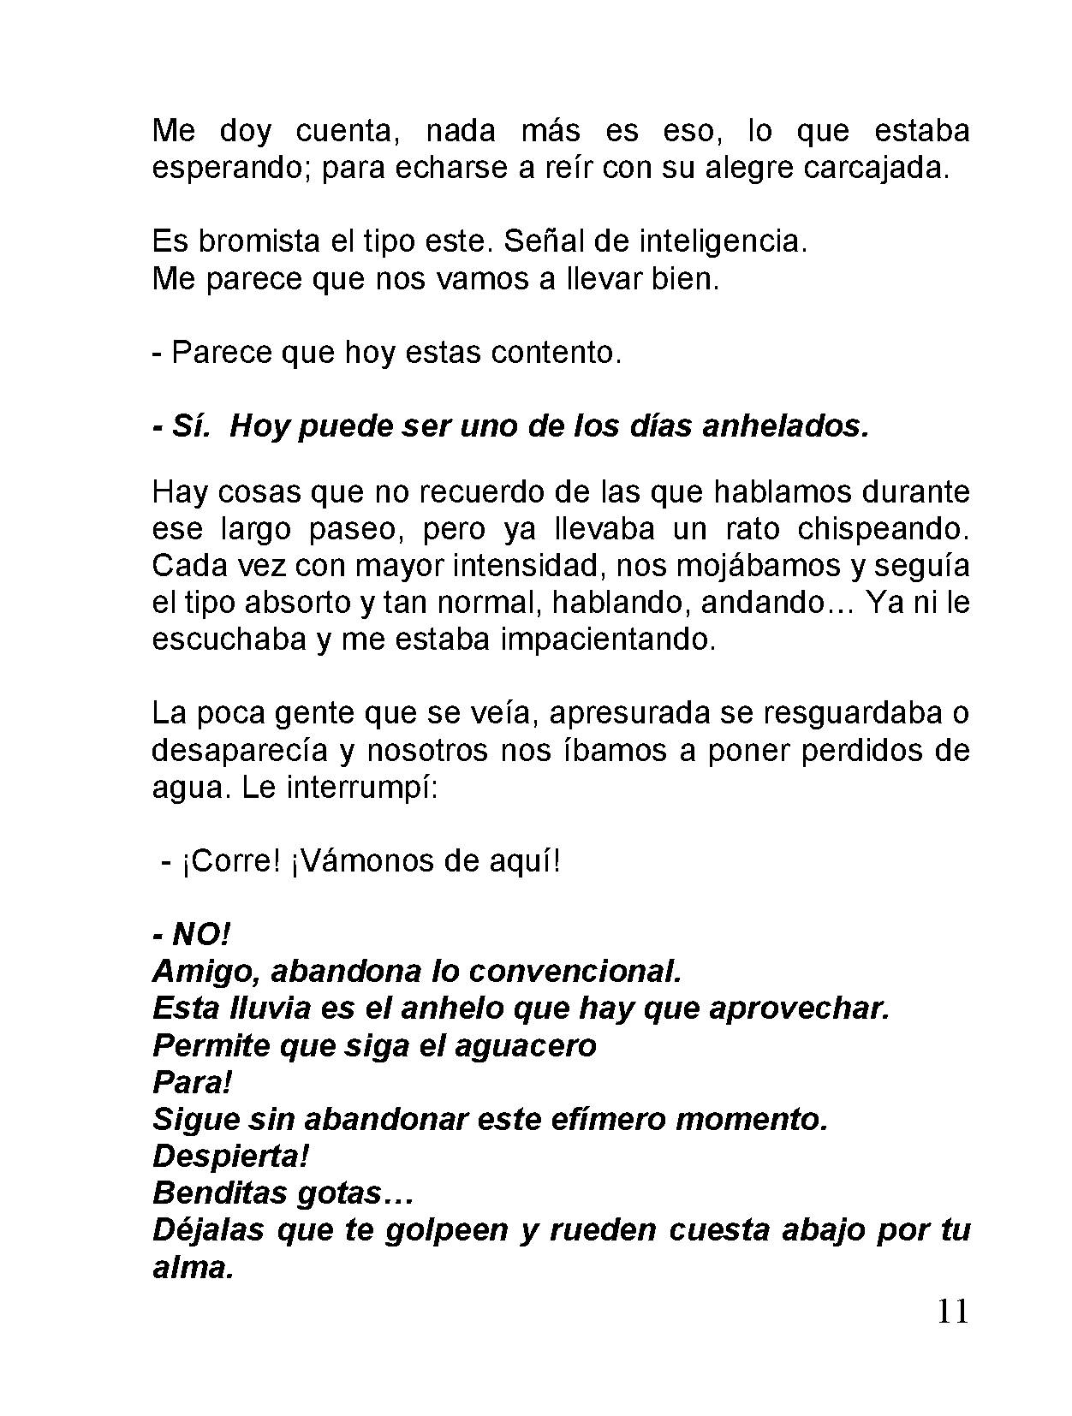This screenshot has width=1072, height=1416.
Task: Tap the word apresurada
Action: pyautogui.click(x=639, y=713)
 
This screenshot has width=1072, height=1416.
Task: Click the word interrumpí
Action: pyautogui.click(x=362, y=787)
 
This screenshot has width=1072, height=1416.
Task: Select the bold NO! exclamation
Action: pyautogui.click(x=201, y=935)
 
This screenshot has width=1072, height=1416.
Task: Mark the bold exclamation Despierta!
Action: pyautogui.click(x=230, y=1157)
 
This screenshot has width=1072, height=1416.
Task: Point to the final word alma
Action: pyautogui.click(x=193, y=1268)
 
